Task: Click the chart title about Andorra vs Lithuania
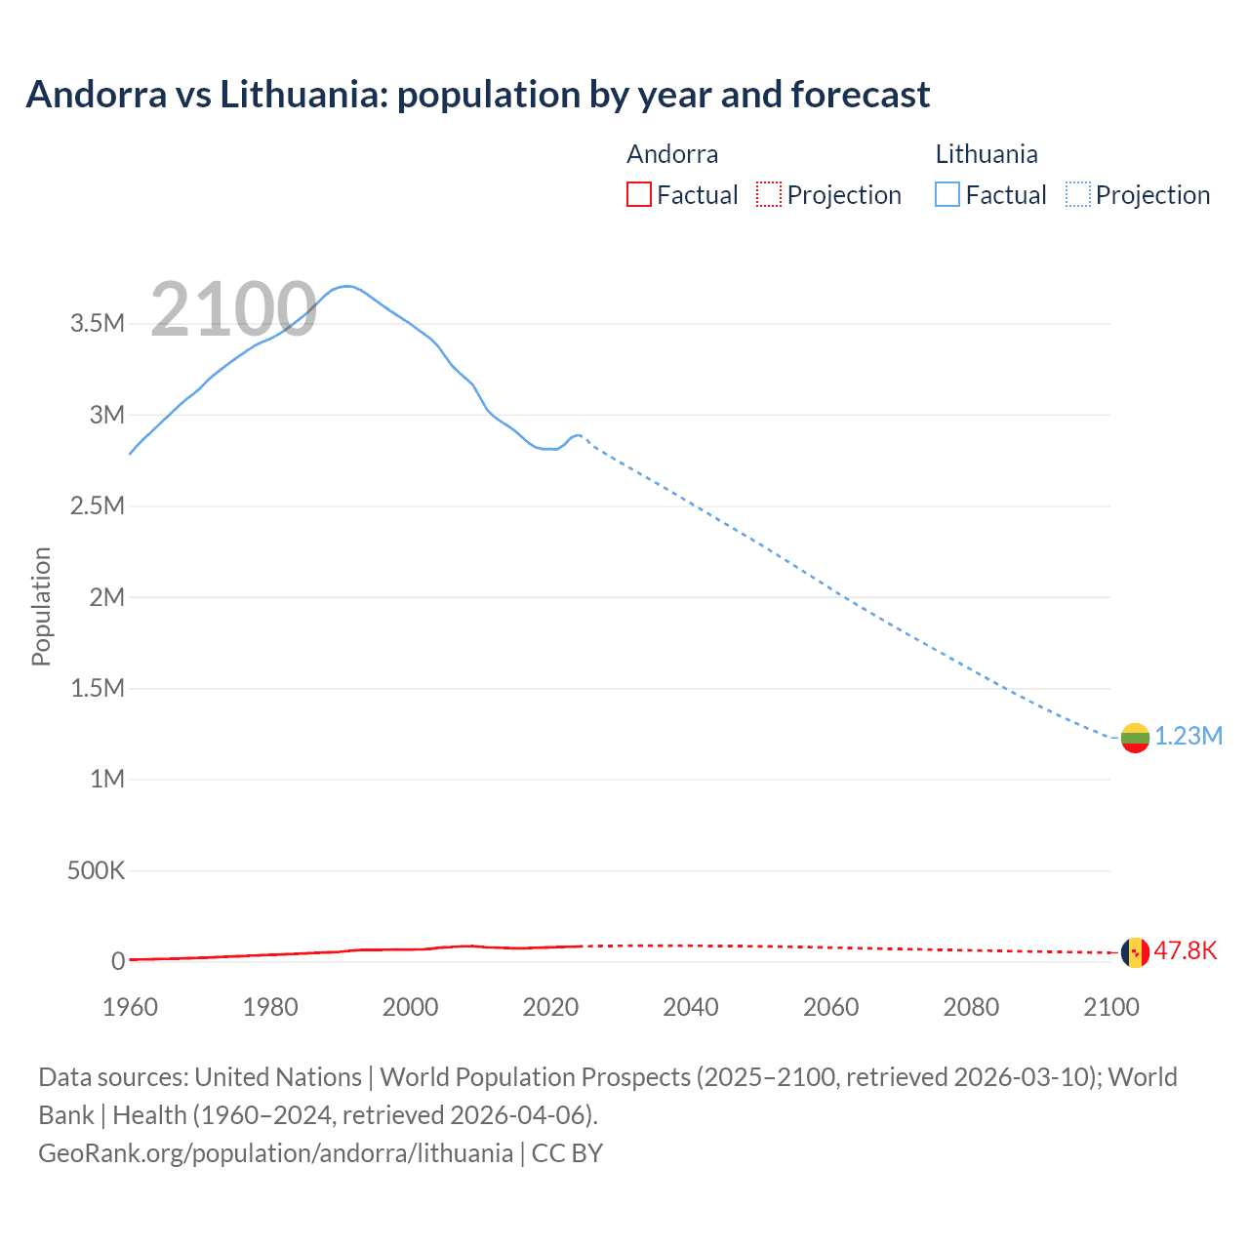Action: point(477,95)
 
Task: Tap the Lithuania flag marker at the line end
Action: point(1135,739)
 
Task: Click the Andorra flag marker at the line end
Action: point(1135,952)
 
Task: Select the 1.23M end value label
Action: point(1189,737)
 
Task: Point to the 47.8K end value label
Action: point(1186,951)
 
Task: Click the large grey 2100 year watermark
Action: point(233,309)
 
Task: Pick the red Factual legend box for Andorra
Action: point(639,195)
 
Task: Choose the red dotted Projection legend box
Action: point(769,195)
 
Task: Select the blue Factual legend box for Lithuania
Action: point(947,195)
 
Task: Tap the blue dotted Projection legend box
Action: point(1078,195)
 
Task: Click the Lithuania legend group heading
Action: point(986,154)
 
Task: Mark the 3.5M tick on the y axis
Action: point(98,324)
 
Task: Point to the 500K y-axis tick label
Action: point(96,870)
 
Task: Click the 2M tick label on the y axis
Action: point(106,597)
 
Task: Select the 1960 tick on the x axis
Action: point(130,1007)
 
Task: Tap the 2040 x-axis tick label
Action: point(691,1007)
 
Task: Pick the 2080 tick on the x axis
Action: point(971,1007)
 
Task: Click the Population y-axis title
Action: point(41,606)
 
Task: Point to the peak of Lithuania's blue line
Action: point(346,286)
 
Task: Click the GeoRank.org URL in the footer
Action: point(275,1153)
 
